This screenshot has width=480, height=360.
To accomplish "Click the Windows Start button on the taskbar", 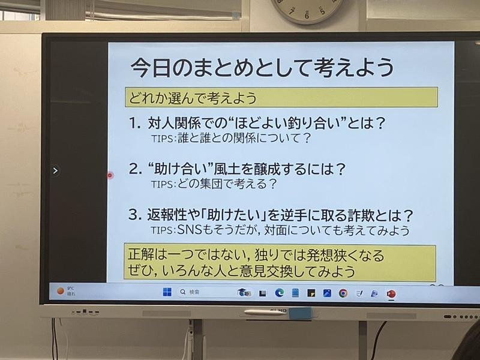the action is click(167, 292).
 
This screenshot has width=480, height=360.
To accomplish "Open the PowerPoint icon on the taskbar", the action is click(391, 294).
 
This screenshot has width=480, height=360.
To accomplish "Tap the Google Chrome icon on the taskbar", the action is click(343, 293).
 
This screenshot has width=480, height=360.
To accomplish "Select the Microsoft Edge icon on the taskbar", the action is click(279, 293).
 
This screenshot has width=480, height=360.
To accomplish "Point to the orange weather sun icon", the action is click(61, 291).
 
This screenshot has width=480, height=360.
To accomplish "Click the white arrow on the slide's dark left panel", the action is click(55, 170).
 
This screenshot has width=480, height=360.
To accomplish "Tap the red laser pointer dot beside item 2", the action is click(110, 175).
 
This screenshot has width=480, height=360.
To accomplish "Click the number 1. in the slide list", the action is click(135, 124).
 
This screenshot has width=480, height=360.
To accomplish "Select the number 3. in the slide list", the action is click(136, 215).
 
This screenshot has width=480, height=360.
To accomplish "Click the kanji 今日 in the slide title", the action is click(151, 67).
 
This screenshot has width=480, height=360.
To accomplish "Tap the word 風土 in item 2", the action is click(227, 169).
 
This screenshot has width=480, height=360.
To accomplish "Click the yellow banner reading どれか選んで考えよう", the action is click(281, 97).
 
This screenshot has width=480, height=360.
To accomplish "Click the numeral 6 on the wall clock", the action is click(307, 16).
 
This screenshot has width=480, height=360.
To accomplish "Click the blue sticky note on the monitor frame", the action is click(301, 314).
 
